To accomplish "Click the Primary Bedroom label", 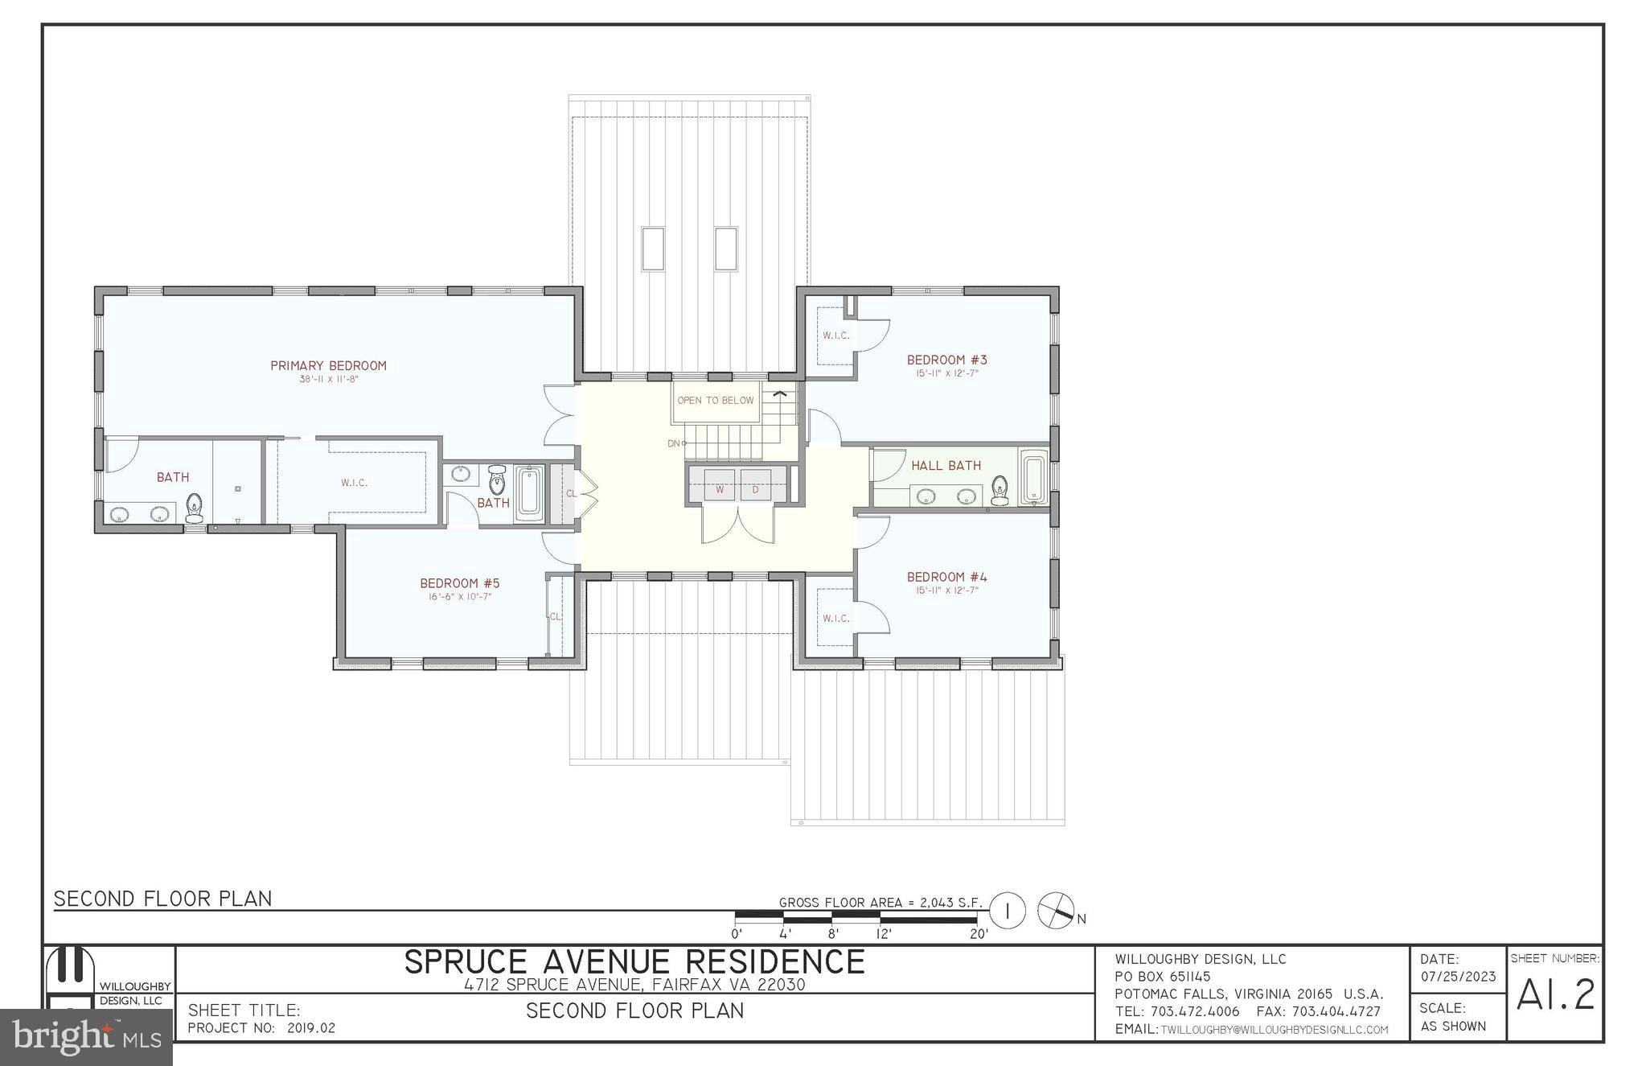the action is click(x=328, y=366).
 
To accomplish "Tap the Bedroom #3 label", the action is click(x=947, y=360).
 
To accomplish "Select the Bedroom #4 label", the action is click(x=947, y=577).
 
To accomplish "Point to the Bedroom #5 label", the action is click(x=460, y=583).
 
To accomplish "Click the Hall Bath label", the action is click(x=946, y=466).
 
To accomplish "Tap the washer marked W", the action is click(x=720, y=488).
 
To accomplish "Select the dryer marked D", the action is click(x=756, y=488).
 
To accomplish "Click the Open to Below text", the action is click(x=716, y=401).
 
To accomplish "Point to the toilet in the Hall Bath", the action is click(x=1000, y=490).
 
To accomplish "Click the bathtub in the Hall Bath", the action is click(x=1033, y=477).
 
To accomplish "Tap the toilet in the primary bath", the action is click(x=195, y=508).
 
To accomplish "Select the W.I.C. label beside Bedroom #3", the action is click(x=836, y=335).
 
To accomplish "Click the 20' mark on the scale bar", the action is click(x=979, y=934).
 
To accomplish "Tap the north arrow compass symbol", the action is click(x=1057, y=912).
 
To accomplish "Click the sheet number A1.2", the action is click(x=1555, y=995).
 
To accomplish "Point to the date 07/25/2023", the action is click(x=1458, y=977).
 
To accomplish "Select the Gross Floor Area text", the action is click(x=881, y=903).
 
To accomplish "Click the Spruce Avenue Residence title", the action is click(x=634, y=962).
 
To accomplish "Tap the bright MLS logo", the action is click(x=87, y=1037).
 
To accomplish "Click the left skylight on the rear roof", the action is click(x=652, y=249).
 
